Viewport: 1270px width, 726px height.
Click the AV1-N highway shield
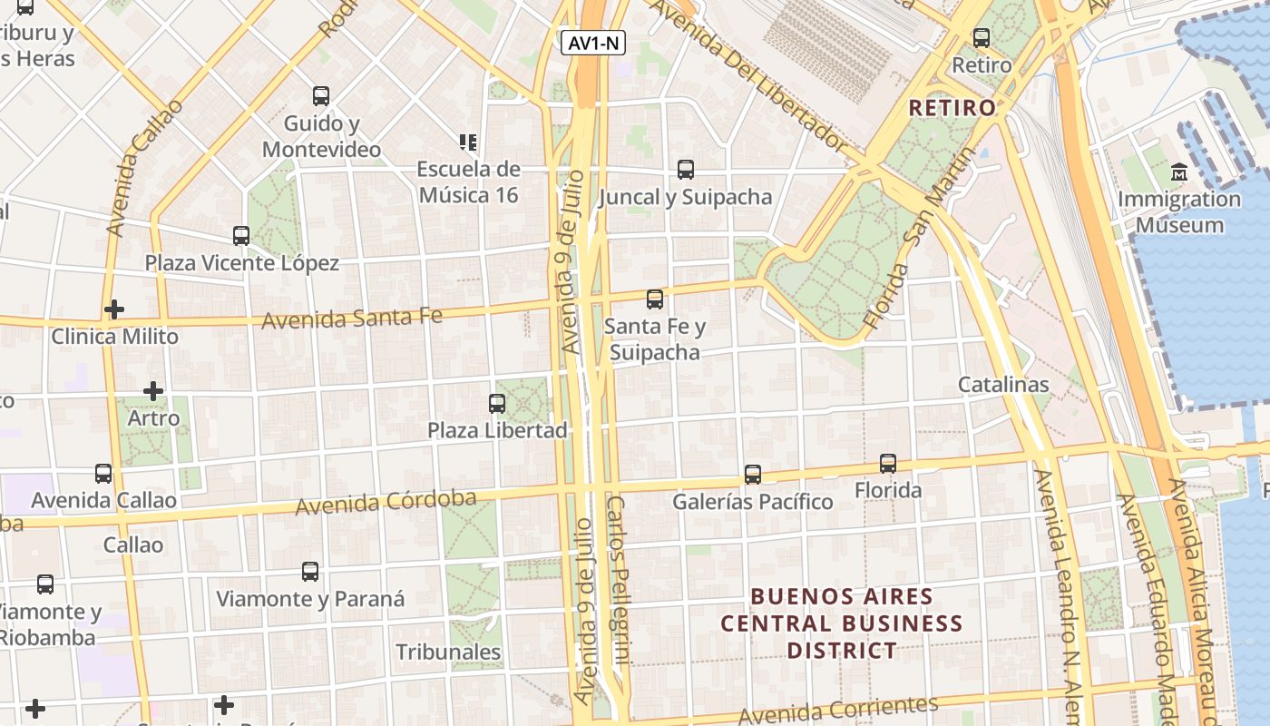[x=593, y=43]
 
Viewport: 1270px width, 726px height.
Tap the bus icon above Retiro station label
[x=982, y=38]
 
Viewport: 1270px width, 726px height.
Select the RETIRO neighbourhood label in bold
[x=952, y=108]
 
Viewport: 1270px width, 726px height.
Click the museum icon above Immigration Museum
[x=1178, y=172]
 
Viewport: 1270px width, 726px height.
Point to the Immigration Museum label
[x=1179, y=211]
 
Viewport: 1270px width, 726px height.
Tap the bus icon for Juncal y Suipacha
[x=686, y=170]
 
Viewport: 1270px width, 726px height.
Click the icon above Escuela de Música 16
[x=468, y=142]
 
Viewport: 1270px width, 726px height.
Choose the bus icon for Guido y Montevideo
[x=321, y=96]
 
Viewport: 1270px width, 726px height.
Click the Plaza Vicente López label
[x=242, y=263]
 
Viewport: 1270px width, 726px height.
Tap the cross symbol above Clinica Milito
[x=114, y=309]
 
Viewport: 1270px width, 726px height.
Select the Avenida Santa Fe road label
[x=352, y=319]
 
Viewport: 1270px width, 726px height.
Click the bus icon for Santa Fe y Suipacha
[x=655, y=299]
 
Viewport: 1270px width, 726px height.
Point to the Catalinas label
[x=1003, y=385]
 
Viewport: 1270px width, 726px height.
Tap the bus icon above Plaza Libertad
[x=497, y=404]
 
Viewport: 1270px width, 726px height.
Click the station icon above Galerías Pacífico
[x=753, y=474]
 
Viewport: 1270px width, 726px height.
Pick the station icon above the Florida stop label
[x=888, y=464]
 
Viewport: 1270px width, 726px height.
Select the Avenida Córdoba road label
[x=386, y=502]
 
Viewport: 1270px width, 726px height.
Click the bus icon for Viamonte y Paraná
[x=310, y=572]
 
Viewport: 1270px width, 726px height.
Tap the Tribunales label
[x=448, y=652]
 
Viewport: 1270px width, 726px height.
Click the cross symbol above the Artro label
[x=153, y=392]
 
